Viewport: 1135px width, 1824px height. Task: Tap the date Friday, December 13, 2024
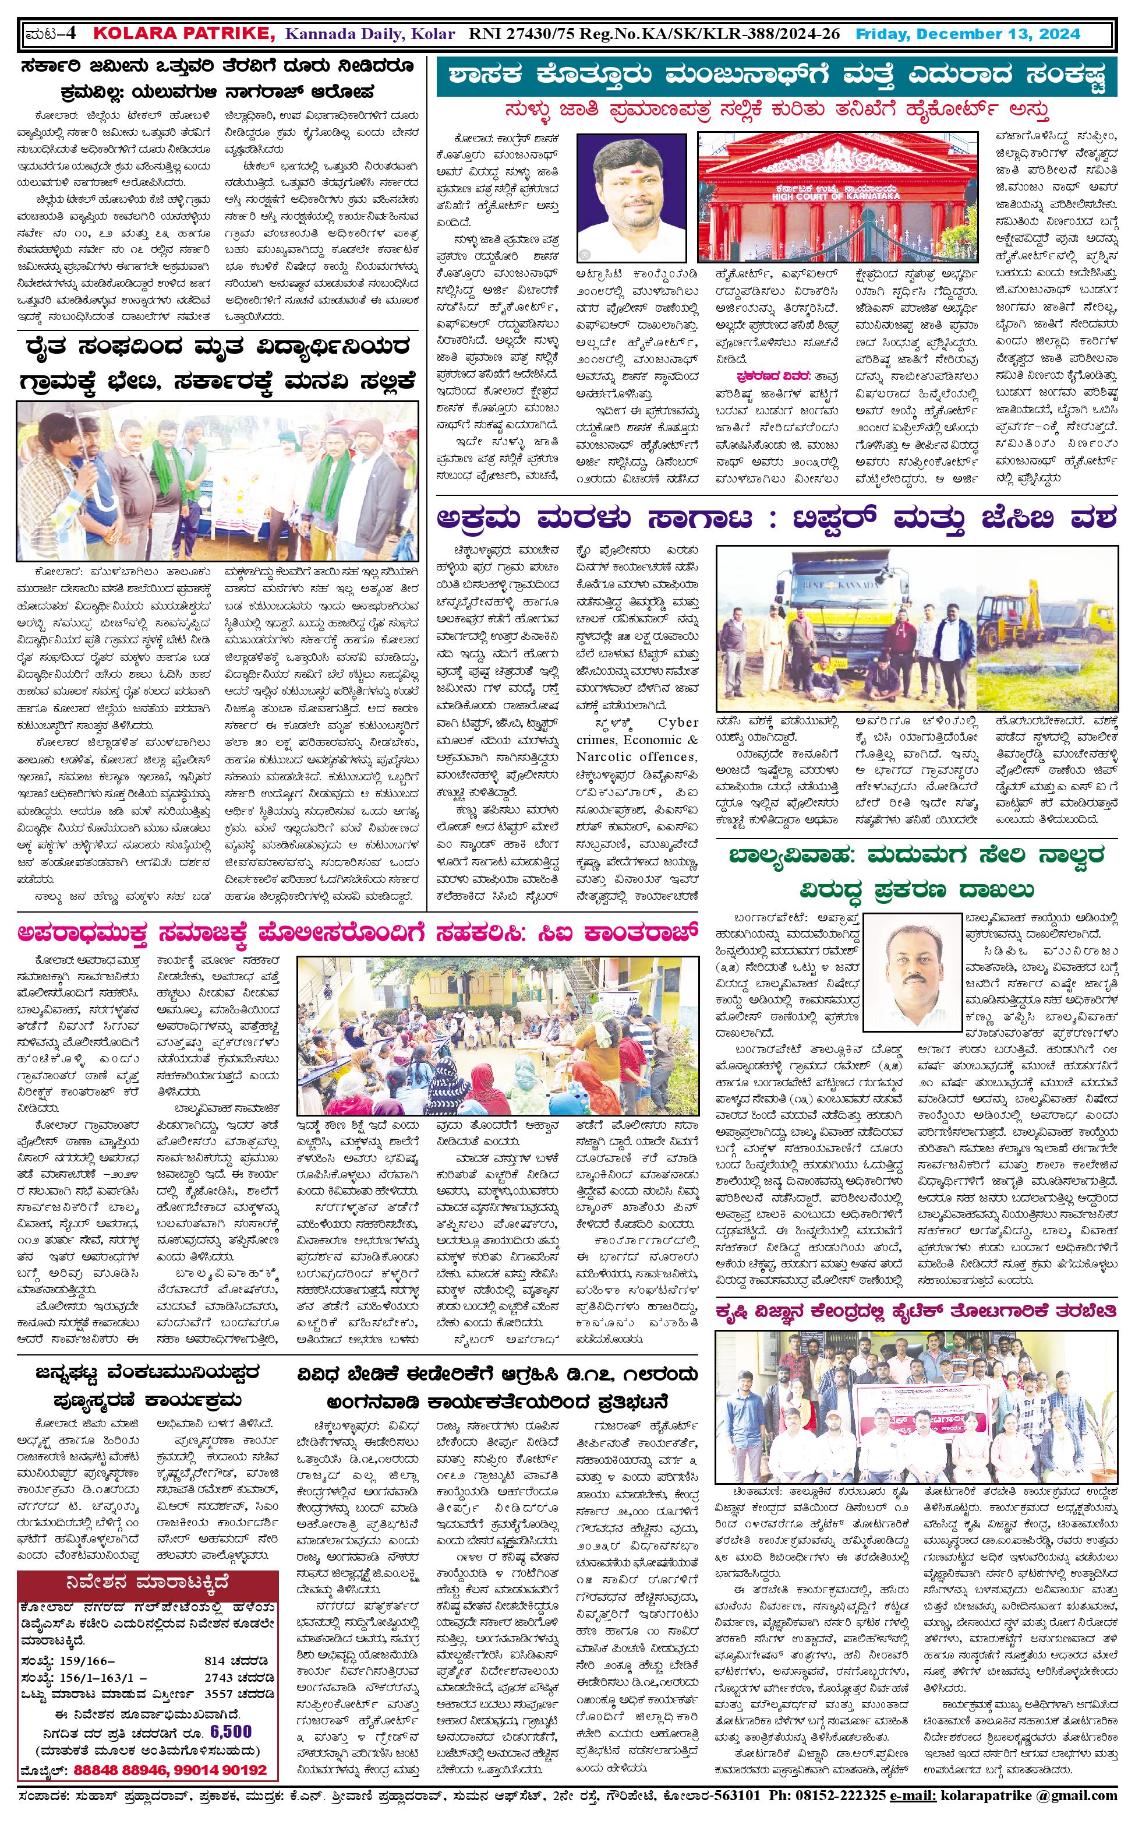tap(968, 34)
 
